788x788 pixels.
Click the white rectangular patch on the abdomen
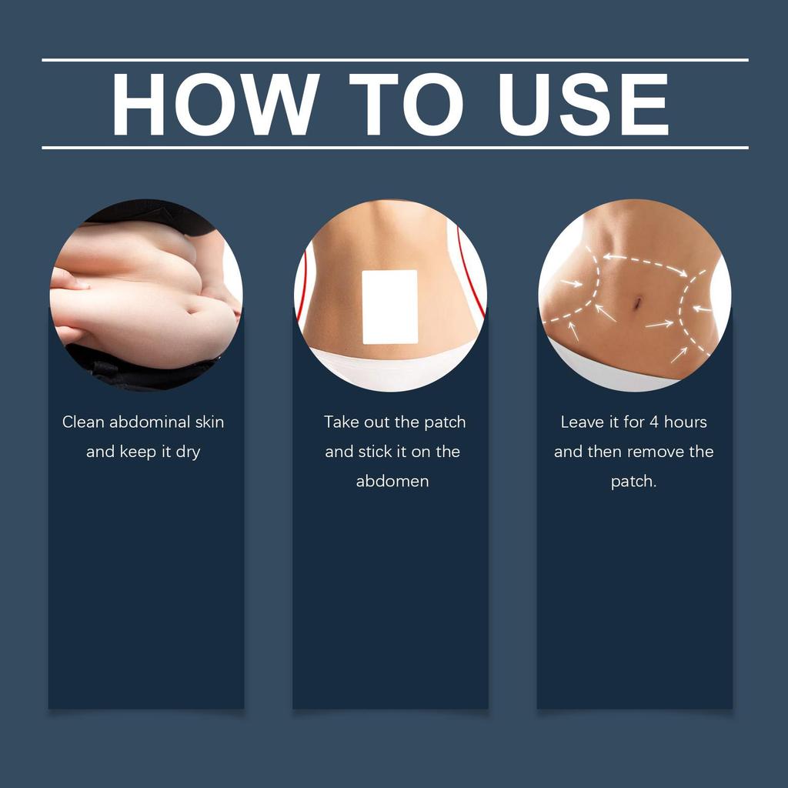[389, 306]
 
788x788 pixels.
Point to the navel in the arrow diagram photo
[636, 303]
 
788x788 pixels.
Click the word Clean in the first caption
[83, 422]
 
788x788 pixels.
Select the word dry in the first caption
[188, 452]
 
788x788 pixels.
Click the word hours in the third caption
[685, 422]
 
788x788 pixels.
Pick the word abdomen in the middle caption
[392, 482]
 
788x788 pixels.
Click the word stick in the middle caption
[376, 452]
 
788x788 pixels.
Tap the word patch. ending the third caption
[633, 482]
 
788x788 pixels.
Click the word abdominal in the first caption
[150, 422]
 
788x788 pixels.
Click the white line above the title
[395, 59]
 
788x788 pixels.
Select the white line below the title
[395, 147]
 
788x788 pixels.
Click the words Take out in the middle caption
[358, 422]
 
